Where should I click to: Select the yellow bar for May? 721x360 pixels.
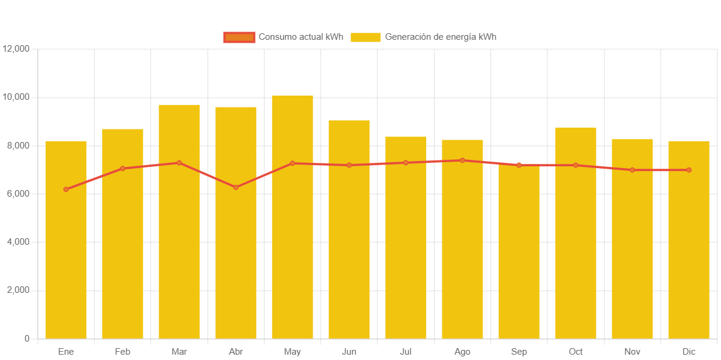(292, 250)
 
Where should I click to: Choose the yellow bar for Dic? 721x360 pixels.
(689, 261)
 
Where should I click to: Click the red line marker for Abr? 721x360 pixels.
(236, 187)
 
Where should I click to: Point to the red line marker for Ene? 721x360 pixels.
(66, 190)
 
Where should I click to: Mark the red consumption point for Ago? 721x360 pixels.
(462, 160)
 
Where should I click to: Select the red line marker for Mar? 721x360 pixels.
(179, 163)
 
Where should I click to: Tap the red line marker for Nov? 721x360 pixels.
(632, 170)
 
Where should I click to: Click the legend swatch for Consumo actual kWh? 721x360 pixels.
(239, 37)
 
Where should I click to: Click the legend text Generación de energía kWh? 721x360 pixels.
(440, 37)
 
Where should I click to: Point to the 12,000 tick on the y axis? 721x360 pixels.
(16, 49)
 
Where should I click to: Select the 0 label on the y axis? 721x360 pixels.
(27, 339)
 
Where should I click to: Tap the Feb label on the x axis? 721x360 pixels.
(122, 352)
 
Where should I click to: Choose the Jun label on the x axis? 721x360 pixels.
(349, 352)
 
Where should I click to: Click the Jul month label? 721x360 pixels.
(405, 352)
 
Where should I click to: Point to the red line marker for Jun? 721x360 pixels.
(349, 165)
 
